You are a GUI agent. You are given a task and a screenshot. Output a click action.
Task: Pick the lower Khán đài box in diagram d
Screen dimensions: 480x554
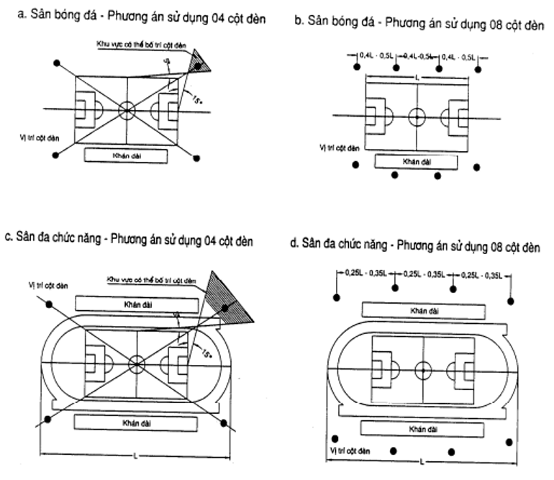(x=419, y=429)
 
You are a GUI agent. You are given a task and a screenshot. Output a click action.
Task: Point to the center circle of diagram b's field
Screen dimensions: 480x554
(x=417, y=117)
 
